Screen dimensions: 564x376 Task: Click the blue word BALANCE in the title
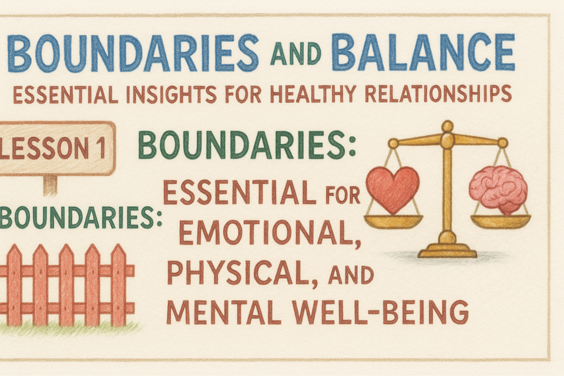pos(423,52)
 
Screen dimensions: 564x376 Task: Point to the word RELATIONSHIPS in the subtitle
pos(438,93)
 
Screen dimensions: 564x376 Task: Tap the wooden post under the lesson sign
pos(50,184)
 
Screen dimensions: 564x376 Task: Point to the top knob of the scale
pos(448,126)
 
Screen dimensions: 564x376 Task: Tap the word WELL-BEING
pos(380,313)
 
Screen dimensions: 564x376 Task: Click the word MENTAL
pos(223,313)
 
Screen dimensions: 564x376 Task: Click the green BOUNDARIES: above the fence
pos(80,217)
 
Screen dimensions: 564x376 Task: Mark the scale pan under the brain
pos(501,221)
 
